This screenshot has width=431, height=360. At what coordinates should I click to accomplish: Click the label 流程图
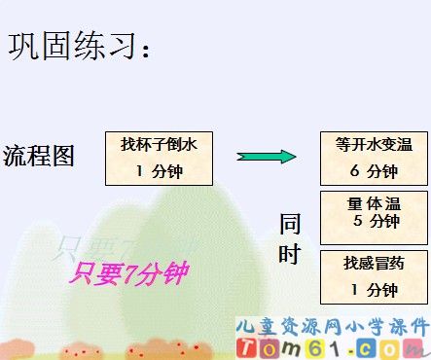coord(39,155)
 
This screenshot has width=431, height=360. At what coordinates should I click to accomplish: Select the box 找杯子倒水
coord(159,158)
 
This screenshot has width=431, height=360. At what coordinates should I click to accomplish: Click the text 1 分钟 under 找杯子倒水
coord(159,171)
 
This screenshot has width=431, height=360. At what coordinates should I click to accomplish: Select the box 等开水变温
coord(374,158)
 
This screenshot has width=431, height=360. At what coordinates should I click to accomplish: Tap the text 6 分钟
coord(374,172)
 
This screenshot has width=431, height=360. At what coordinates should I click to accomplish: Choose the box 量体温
coord(374,214)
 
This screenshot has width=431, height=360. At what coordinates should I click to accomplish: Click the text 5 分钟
coord(375,221)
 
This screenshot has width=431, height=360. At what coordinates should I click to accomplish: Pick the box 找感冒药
coord(374,275)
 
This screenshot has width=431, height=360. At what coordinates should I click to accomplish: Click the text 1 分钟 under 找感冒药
coord(374,289)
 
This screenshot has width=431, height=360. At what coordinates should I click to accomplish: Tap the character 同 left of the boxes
coord(290,224)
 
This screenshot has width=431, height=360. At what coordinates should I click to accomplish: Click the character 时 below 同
coord(290,254)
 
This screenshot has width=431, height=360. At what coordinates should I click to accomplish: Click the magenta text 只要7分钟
coord(127,273)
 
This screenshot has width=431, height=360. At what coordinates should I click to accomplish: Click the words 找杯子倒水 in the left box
coord(159,144)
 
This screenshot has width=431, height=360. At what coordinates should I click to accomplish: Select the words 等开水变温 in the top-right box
coord(374,145)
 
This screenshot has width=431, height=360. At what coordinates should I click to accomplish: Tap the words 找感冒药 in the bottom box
coord(374,263)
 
